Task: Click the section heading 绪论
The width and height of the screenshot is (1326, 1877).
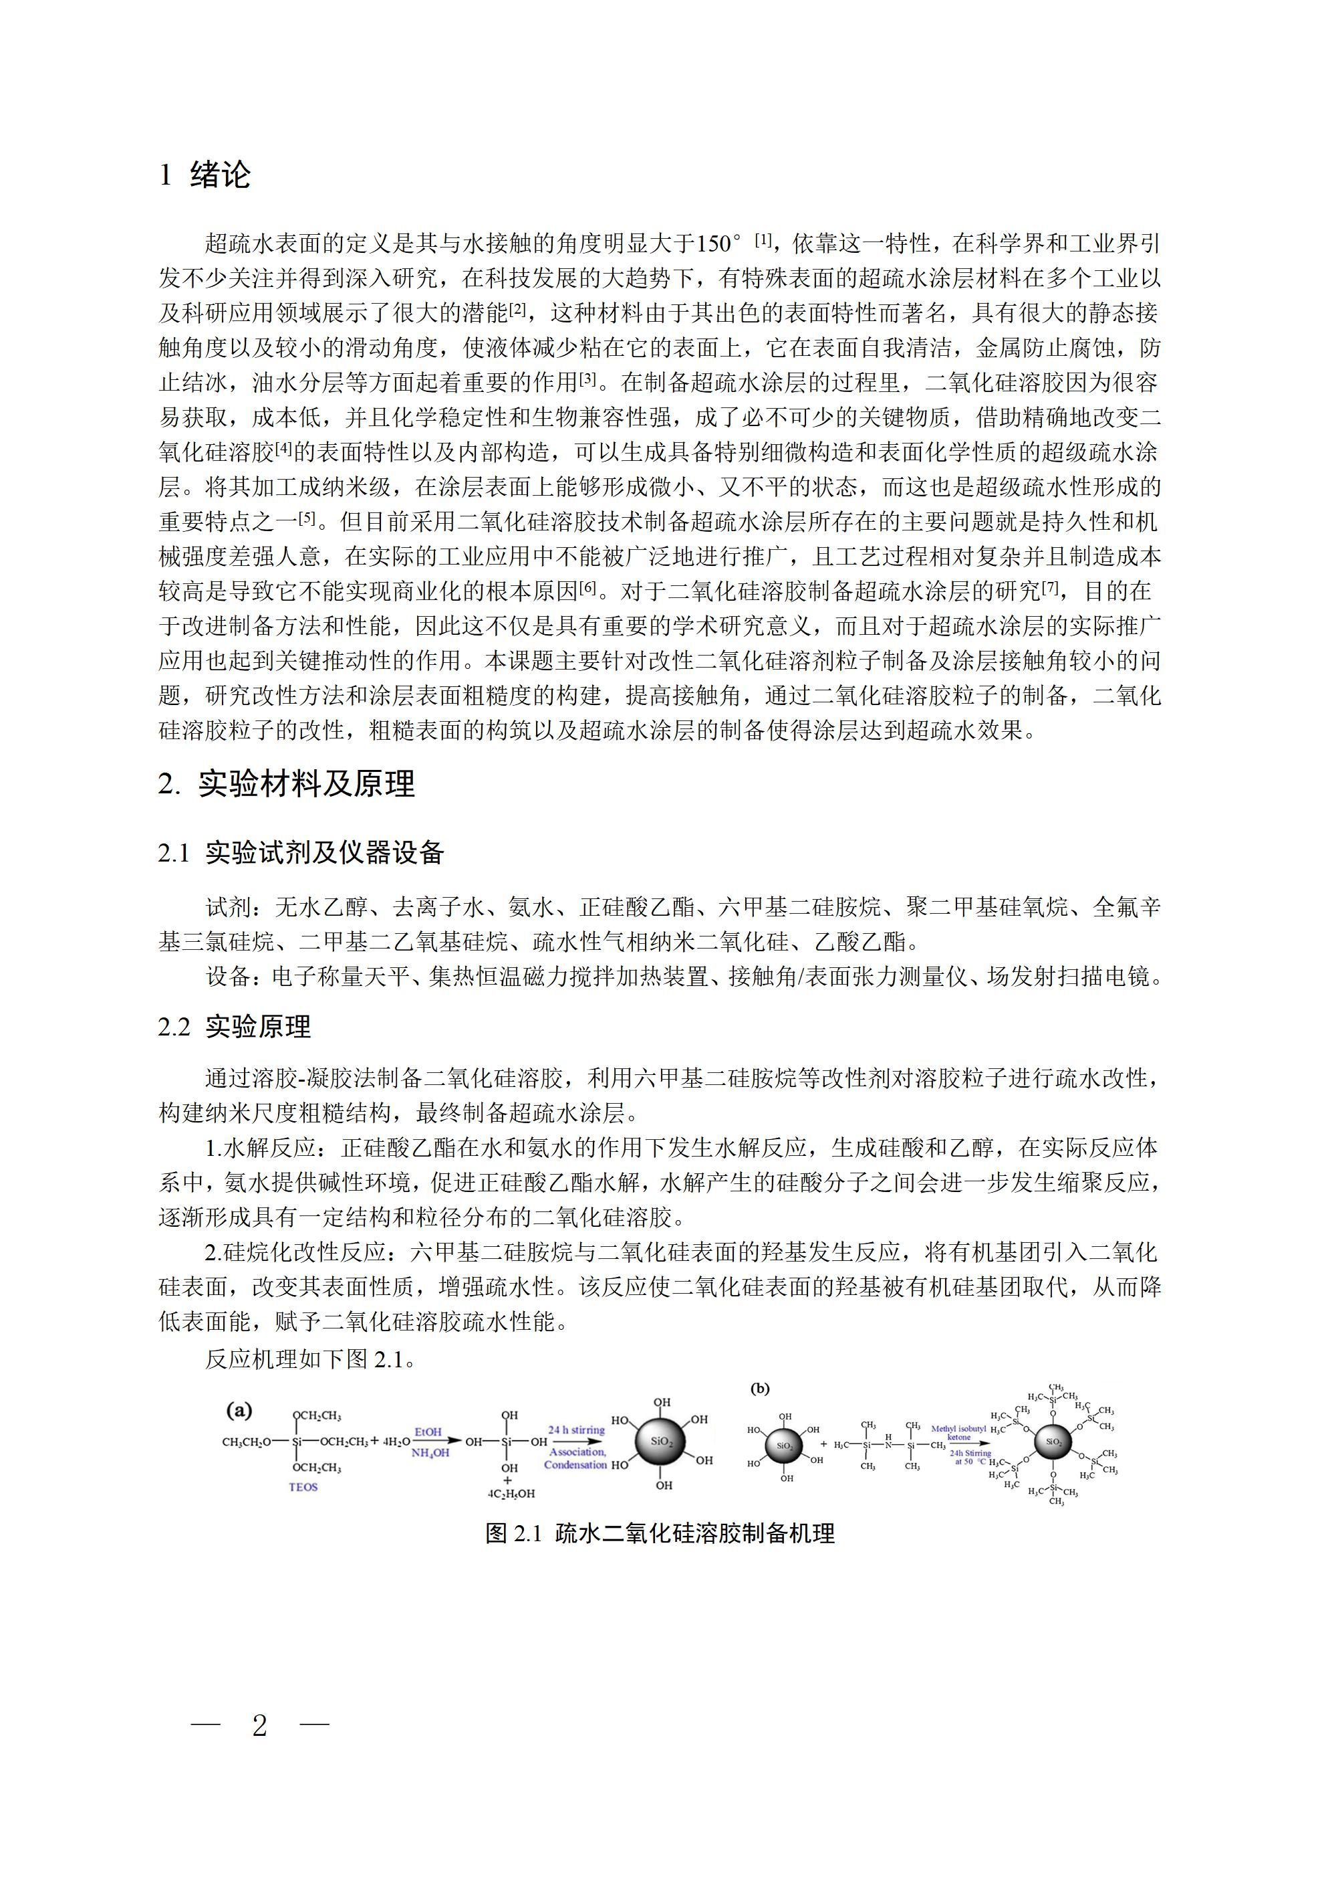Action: (x=220, y=175)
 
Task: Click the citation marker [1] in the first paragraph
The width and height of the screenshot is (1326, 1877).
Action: (x=763, y=240)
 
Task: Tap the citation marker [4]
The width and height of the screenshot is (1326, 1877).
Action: (x=283, y=448)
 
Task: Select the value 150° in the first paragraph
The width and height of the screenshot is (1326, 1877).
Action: (x=719, y=244)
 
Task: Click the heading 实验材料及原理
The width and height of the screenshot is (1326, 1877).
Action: (x=306, y=784)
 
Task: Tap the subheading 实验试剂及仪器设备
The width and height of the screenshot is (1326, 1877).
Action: (x=324, y=854)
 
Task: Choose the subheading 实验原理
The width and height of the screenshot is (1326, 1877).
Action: (x=258, y=1027)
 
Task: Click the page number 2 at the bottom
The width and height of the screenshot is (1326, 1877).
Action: (x=260, y=1726)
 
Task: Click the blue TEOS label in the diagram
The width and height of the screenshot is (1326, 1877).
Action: (x=303, y=1487)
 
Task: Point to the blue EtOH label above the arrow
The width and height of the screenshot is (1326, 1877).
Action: (x=428, y=1431)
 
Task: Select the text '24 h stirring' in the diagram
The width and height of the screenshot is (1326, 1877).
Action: (x=576, y=1429)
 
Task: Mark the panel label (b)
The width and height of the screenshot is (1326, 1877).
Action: (x=760, y=1388)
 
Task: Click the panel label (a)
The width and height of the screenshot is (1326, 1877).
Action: (x=239, y=1410)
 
